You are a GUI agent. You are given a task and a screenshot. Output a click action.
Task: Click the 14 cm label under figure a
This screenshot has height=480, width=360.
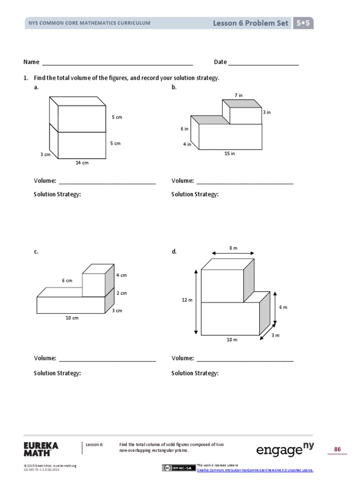(x=82, y=163)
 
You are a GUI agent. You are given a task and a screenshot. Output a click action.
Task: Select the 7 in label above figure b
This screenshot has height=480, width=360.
(x=239, y=95)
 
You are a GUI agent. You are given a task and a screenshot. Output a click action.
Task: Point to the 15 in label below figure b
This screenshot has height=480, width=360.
(x=230, y=154)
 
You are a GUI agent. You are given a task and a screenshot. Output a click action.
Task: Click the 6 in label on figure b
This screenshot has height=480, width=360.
(x=185, y=129)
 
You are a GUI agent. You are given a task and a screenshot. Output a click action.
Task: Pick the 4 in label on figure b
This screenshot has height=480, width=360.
(x=187, y=144)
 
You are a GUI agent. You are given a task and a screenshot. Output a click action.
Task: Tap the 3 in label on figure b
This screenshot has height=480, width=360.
(x=266, y=112)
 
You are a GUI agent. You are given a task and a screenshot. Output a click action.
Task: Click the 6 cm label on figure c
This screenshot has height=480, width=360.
(x=67, y=281)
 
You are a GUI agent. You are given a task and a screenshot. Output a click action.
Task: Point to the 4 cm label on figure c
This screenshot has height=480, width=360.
(x=121, y=275)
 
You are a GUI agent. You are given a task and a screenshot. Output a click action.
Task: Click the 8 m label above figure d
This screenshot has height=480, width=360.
(x=233, y=248)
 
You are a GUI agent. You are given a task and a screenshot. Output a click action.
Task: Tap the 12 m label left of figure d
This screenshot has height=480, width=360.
(x=187, y=300)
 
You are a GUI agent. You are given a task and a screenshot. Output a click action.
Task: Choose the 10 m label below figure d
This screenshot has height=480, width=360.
(x=232, y=339)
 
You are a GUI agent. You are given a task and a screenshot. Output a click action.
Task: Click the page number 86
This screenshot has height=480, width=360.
(x=337, y=450)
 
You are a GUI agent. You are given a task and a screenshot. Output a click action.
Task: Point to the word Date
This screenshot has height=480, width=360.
(x=220, y=62)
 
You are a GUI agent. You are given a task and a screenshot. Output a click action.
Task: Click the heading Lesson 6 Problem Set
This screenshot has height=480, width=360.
(x=250, y=23)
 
